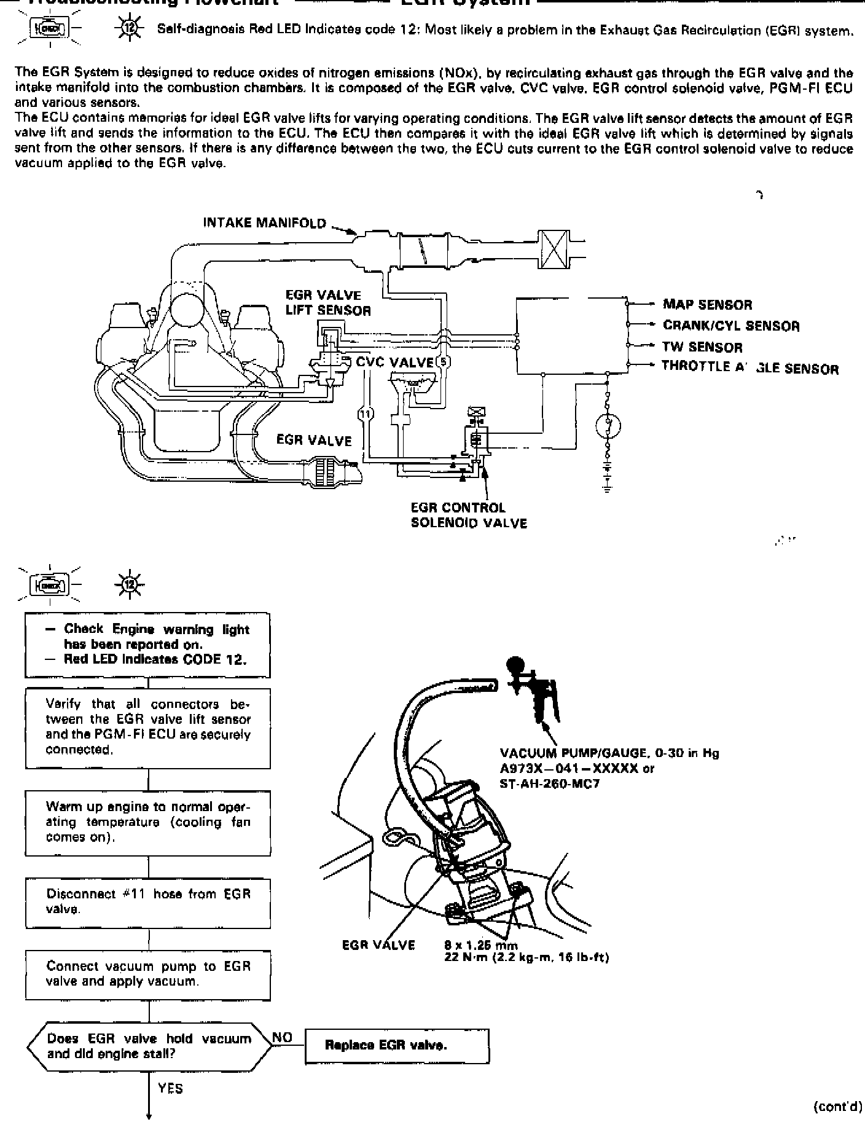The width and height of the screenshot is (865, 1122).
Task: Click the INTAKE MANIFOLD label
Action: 265,223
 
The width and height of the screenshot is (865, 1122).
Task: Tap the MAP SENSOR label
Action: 707,305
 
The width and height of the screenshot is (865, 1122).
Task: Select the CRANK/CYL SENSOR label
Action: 731,326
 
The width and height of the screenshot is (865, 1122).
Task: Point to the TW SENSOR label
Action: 702,347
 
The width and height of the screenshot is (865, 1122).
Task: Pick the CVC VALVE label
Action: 394,362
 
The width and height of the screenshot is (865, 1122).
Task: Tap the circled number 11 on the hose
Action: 366,414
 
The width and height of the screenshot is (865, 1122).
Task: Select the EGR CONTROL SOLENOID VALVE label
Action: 468,516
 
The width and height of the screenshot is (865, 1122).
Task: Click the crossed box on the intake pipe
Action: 552,251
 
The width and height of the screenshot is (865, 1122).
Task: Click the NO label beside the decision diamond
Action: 282,1038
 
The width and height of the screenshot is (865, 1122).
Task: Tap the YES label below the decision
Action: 170,1088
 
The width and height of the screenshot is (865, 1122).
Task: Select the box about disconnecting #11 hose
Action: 148,902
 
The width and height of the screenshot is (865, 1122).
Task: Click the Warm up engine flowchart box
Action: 148,822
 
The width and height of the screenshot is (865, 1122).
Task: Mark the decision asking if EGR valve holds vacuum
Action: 148,1046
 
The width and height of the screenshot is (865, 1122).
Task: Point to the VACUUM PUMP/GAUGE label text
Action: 609,753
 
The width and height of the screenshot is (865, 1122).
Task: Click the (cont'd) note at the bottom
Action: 837,1106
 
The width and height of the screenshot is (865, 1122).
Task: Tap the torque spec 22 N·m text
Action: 526,957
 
